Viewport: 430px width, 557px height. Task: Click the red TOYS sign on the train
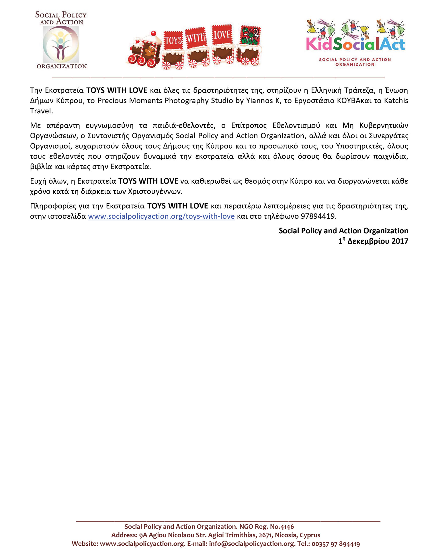point(173,40)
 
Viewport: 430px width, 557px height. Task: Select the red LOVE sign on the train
point(222,35)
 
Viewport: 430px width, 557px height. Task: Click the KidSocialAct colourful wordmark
point(355,44)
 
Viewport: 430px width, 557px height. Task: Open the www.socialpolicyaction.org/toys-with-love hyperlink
point(161,216)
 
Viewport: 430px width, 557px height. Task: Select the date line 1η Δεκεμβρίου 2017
point(373,241)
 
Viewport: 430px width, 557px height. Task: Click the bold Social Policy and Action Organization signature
point(343,231)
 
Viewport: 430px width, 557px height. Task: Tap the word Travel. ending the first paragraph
point(42,111)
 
